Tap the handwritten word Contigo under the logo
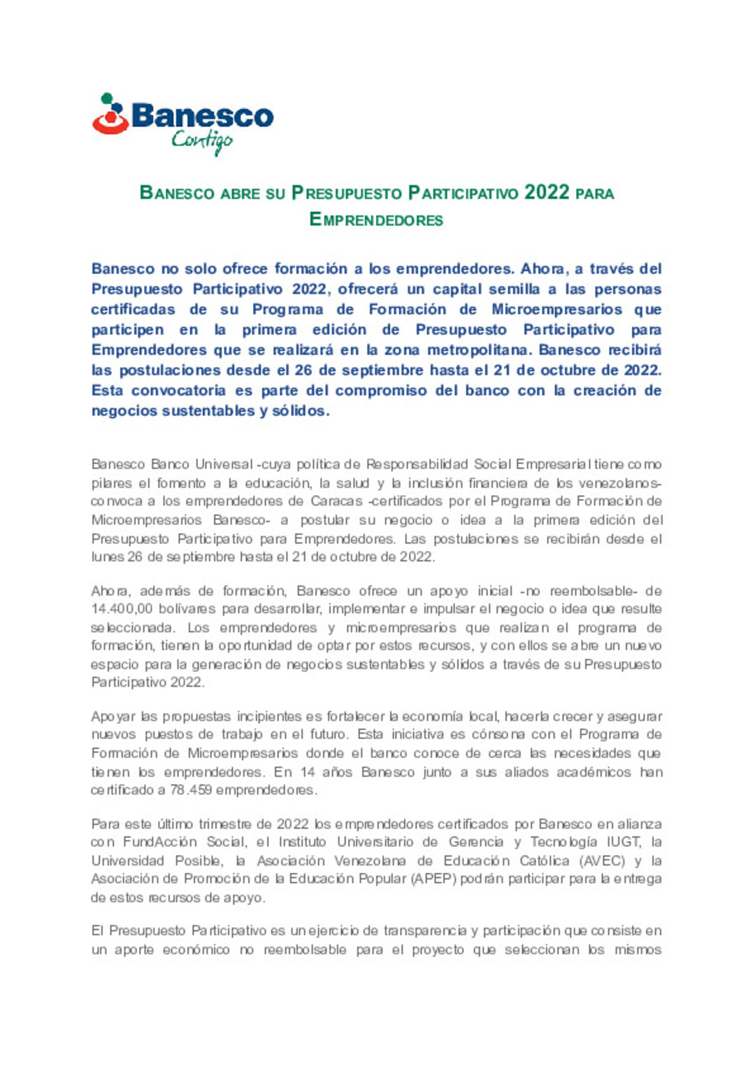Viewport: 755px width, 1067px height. click(x=202, y=141)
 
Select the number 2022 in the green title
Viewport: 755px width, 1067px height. click(x=547, y=192)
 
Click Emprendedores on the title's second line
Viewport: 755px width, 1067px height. click(x=376, y=220)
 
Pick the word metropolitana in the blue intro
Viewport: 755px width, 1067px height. click(x=479, y=350)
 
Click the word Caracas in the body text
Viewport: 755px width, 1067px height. click(x=336, y=501)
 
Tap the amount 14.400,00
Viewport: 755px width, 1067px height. click(x=122, y=609)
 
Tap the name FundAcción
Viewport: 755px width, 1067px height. click(x=161, y=842)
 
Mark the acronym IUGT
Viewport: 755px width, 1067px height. click(x=623, y=842)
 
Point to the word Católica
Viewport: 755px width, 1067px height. click(x=544, y=861)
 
